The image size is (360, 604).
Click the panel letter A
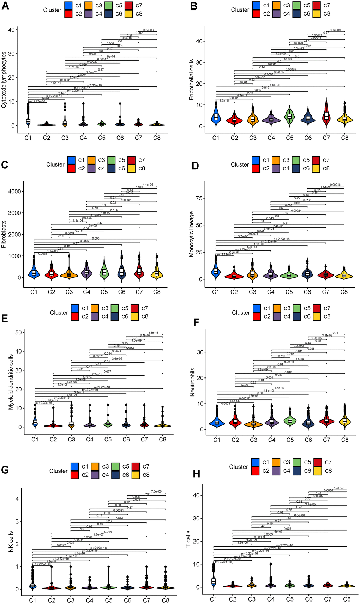point(5,7)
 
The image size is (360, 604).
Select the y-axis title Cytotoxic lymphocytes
point(4,79)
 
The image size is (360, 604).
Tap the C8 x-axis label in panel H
point(347,600)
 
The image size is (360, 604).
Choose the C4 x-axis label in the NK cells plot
point(89,600)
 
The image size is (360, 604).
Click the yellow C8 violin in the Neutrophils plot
point(345,421)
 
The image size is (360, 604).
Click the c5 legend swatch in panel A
point(109,6)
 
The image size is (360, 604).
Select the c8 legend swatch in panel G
point(136,475)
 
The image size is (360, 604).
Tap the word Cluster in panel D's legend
point(240,164)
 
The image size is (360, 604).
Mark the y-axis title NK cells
point(11,542)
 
